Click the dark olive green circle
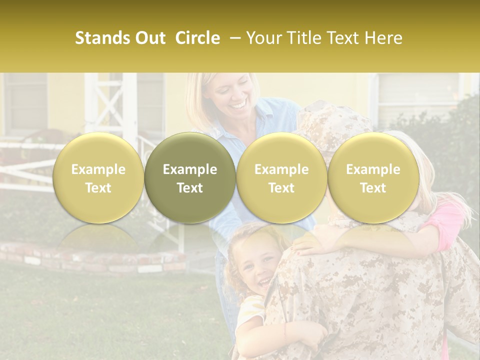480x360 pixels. click(190, 178)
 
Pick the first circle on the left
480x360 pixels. click(98, 178)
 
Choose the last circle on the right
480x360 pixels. click(373, 178)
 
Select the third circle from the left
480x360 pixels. click(281, 178)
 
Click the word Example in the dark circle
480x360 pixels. click(190, 169)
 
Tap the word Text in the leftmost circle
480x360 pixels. click(98, 188)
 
